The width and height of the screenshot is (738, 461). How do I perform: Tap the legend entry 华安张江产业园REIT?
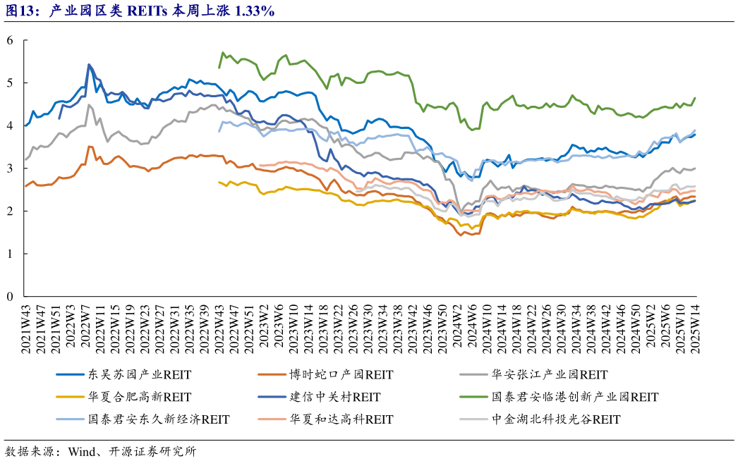pos(549,374)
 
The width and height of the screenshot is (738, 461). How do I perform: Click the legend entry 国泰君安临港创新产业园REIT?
pos(574,397)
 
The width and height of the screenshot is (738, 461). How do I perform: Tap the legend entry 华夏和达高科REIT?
pos(341,419)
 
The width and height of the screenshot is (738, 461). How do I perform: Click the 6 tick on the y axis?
pos(10,40)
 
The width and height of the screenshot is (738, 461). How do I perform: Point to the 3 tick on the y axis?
pos(10,168)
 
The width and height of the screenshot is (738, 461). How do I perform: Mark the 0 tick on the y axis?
pos(10,297)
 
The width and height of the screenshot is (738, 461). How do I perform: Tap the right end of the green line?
pos(695,98)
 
